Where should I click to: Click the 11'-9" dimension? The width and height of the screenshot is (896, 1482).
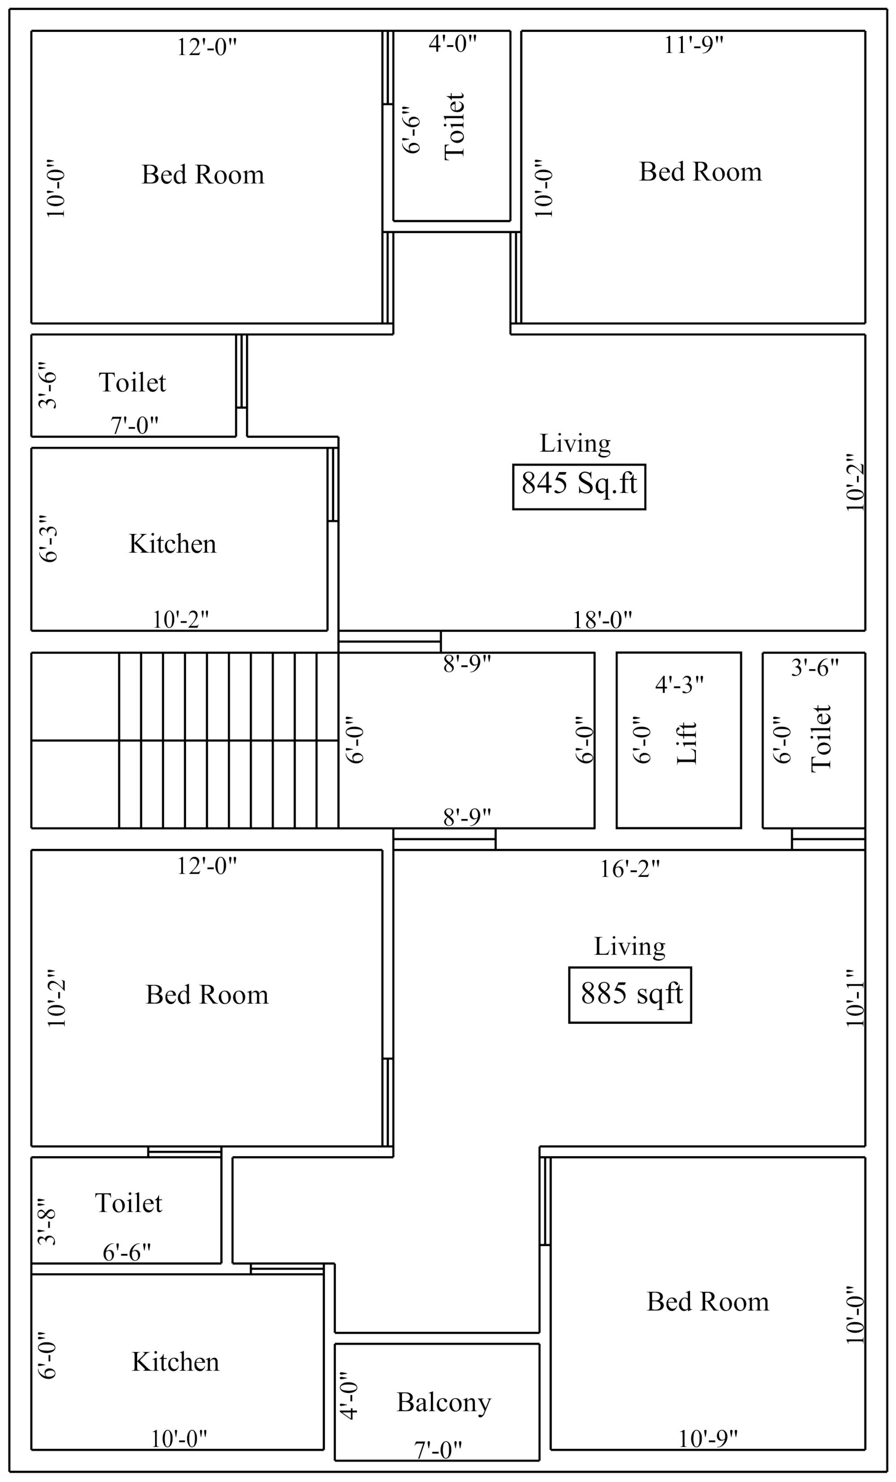(x=694, y=45)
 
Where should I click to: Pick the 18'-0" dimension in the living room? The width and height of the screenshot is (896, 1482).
(x=602, y=620)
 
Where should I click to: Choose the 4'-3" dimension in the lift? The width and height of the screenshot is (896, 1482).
(x=679, y=685)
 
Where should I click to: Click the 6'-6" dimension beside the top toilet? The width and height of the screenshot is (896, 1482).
(x=411, y=130)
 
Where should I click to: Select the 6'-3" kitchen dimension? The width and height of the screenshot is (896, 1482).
(x=49, y=539)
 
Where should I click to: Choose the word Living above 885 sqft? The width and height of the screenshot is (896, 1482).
(x=629, y=947)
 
